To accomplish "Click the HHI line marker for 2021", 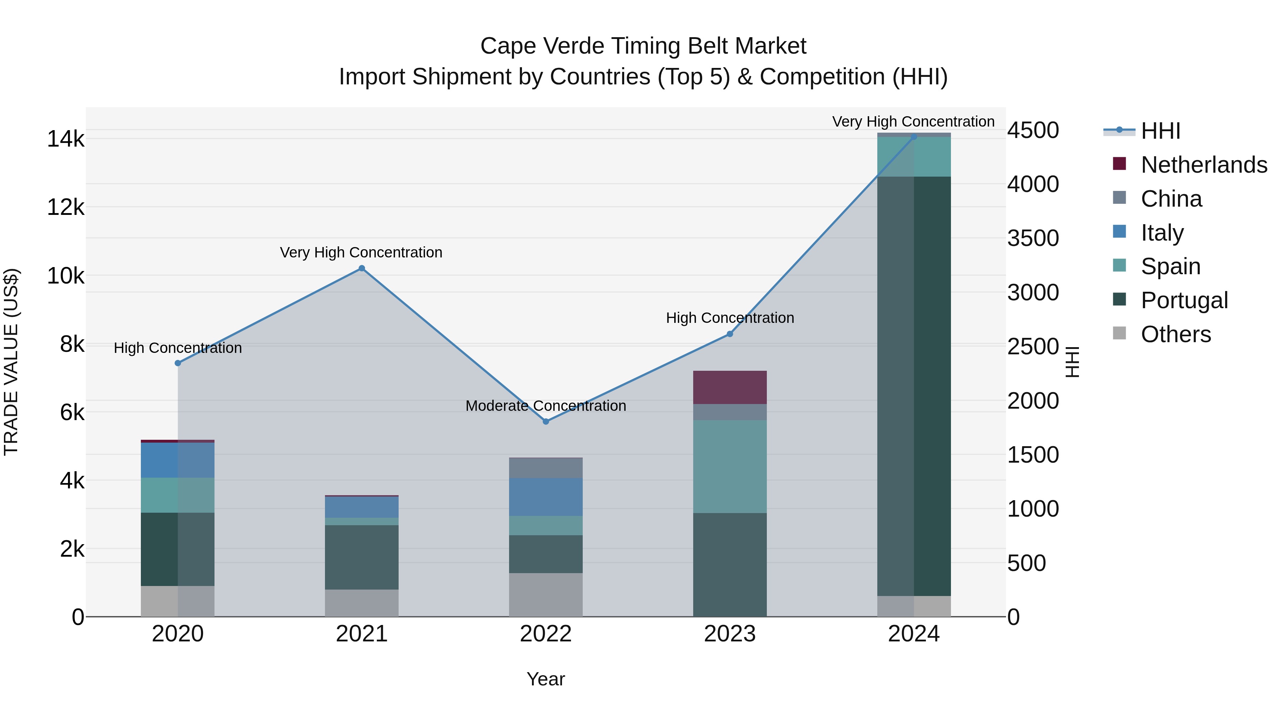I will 362,268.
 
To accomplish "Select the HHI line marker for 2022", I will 546,422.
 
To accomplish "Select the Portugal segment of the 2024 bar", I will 914,386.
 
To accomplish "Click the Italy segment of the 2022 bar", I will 546,497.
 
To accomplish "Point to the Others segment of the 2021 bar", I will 362,603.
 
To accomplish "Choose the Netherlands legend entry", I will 1203,165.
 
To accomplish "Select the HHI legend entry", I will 1160,131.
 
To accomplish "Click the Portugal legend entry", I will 1184,300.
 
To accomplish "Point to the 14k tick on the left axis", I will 65,139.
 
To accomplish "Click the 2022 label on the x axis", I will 546,634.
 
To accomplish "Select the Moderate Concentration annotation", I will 546,406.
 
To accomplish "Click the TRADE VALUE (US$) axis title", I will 11,362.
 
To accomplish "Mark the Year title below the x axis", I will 546,679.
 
